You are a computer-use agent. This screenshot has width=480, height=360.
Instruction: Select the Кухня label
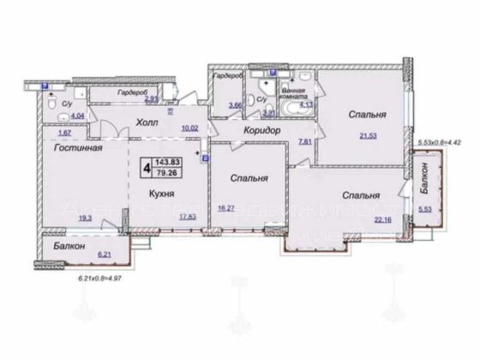pos(152,195)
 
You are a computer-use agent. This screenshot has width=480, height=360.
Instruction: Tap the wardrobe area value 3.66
pos(234,106)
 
